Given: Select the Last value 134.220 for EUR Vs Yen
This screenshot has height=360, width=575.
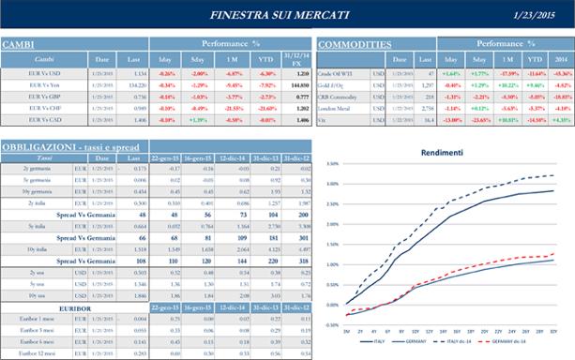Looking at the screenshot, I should click(x=134, y=84).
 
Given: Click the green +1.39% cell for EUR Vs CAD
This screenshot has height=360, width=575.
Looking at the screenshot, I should click(x=198, y=120).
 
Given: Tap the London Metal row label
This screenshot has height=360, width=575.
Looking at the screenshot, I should click(x=336, y=108).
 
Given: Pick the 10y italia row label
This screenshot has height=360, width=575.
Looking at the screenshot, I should click(x=38, y=248).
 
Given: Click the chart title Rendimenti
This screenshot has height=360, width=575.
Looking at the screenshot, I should click(x=442, y=153).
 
